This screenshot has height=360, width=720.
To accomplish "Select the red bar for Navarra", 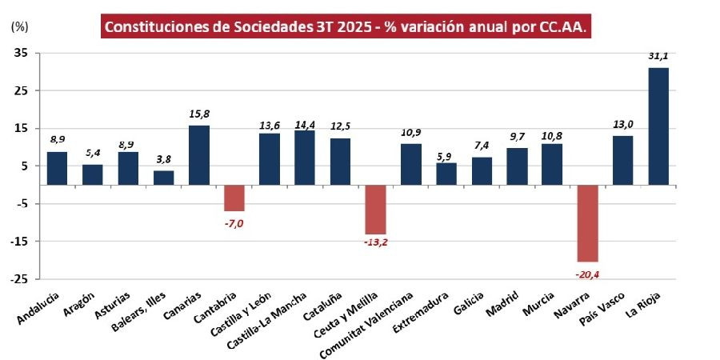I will pyautogui.click(x=587, y=223).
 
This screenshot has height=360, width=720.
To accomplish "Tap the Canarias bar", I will pyautogui.click(x=198, y=155).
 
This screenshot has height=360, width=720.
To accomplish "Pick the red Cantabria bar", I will pyautogui.click(x=234, y=198).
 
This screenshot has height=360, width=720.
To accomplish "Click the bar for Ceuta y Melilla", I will pyautogui.click(x=375, y=210).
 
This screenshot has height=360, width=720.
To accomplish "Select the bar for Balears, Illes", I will pyautogui.click(x=163, y=178).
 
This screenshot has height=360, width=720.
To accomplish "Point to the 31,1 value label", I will pyautogui.click(x=658, y=57).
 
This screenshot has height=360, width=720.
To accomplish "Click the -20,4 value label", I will pyautogui.click(x=587, y=274).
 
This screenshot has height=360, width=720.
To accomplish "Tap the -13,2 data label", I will pyautogui.click(x=375, y=243).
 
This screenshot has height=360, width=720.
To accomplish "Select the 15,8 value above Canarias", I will pyautogui.click(x=198, y=114).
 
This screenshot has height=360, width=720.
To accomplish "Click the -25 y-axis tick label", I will pyautogui.click(x=18, y=279).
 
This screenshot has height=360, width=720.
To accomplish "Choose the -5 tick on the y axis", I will pyautogui.click(x=20, y=204).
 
